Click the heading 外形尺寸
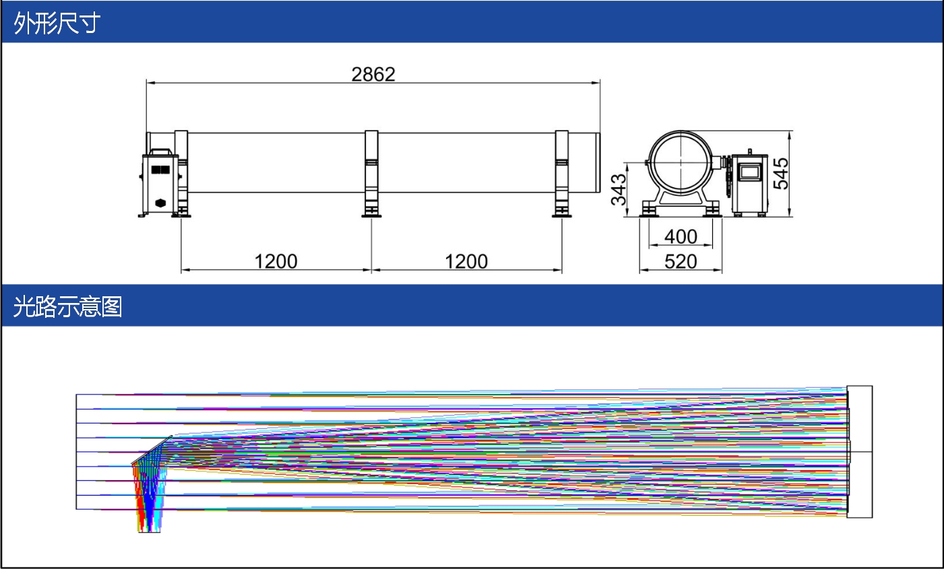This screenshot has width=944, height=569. [x=57, y=23]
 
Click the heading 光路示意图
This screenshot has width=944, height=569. [x=68, y=306]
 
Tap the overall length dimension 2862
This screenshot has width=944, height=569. [x=373, y=75]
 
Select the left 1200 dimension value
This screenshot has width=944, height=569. [x=276, y=261]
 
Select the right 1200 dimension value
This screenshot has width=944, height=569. [x=466, y=261]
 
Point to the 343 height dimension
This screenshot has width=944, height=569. [x=619, y=189]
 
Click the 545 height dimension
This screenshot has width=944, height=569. [x=781, y=174]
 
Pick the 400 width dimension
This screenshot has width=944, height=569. [x=681, y=237]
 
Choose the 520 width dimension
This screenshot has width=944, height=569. [x=681, y=261]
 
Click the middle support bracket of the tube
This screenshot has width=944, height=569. [x=371, y=174]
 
